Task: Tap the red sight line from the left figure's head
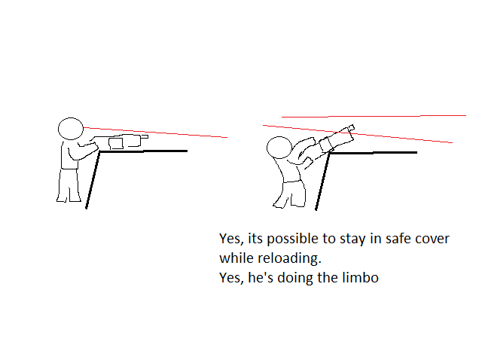(155, 133)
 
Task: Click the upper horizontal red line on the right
(374, 116)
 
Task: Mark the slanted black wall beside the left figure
(93, 180)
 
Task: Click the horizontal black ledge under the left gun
(143, 151)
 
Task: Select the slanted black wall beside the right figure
(322, 182)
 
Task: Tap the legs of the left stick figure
(69, 185)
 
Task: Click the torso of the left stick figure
(69, 155)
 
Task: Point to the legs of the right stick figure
(290, 194)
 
